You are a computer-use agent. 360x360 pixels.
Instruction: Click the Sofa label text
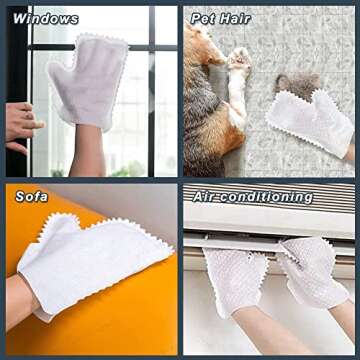(31, 196)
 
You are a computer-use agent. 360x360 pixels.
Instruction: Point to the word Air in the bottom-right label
(206, 196)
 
